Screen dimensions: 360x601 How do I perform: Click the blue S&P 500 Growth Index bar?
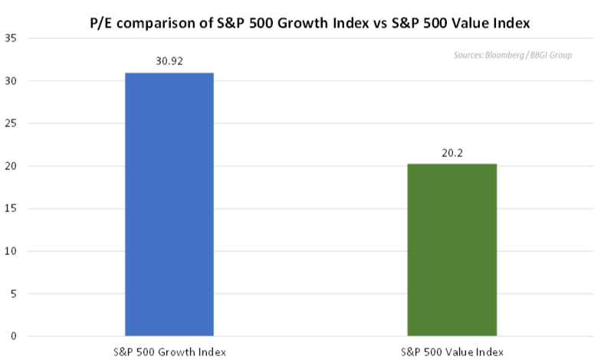[169, 205]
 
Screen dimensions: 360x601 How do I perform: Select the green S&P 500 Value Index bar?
[452, 250]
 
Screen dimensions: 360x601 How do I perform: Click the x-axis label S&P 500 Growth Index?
[169, 351]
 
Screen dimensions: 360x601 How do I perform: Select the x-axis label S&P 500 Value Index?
[452, 351]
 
